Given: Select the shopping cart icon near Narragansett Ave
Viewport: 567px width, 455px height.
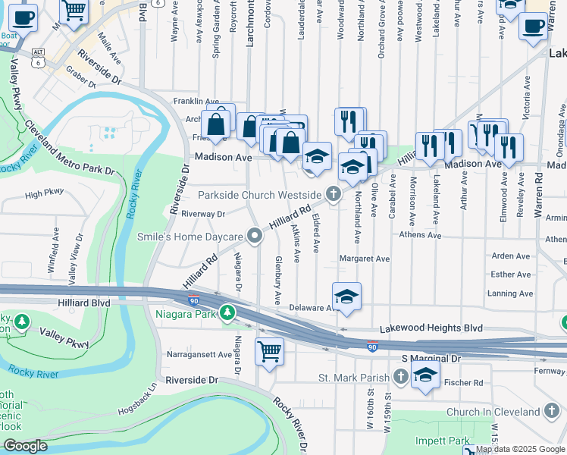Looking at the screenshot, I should (270, 351).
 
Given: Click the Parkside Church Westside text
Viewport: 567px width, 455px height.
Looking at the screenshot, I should (260, 195).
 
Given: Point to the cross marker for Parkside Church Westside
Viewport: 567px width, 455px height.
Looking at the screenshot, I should (332, 195).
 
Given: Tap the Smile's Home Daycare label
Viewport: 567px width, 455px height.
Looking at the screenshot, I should (190, 237).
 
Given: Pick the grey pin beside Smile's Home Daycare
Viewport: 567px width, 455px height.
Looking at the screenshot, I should (255, 237).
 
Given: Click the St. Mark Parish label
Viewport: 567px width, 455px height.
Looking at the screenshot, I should (352, 377).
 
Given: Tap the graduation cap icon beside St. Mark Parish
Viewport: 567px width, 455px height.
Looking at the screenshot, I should (425, 374).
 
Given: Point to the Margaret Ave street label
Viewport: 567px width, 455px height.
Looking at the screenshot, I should (364, 259).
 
